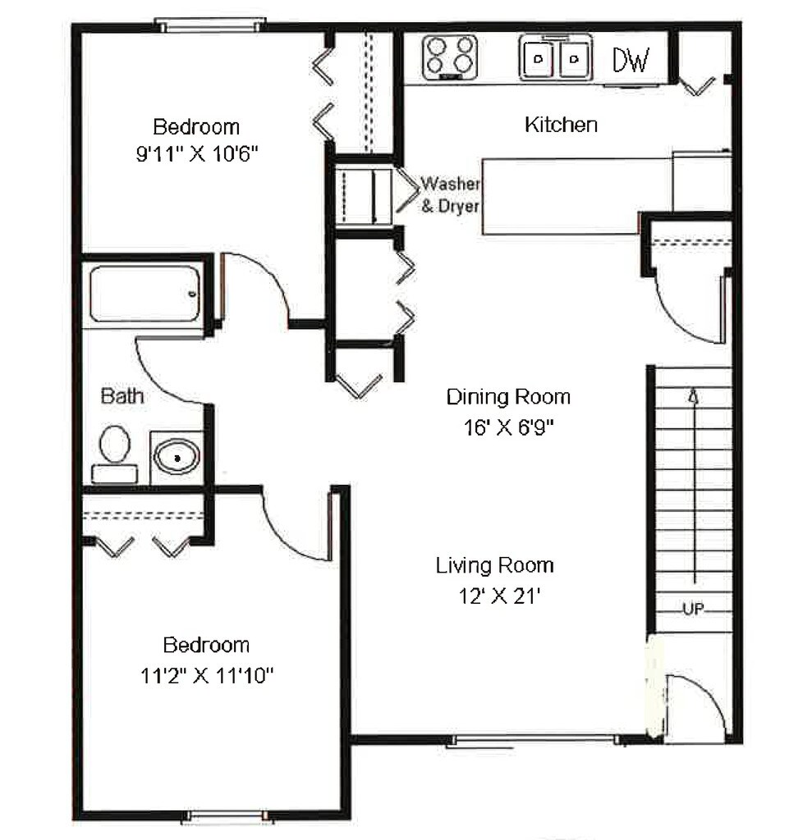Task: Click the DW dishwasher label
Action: (x=631, y=60)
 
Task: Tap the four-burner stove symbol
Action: (x=450, y=56)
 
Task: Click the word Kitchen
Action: (x=561, y=126)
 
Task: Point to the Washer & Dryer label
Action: (x=450, y=194)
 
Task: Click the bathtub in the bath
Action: (x=144, y=293)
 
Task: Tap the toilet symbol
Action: (x=115, y=454)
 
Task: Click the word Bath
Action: (x=122, y=397)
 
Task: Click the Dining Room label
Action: (x=508, y=398)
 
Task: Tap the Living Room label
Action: (x=494, y=565)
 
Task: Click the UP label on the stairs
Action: (x=694, y=609)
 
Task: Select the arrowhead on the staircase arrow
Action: (x=695, y=396)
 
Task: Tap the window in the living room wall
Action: (x=534, y=741)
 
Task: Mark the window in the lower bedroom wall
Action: (x=227, y=816)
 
